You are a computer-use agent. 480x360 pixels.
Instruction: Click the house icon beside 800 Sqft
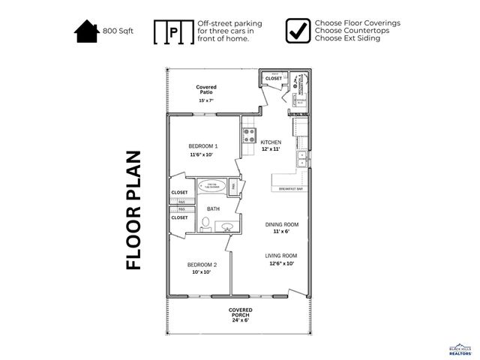point(86,31)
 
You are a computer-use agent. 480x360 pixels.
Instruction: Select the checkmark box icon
point(298,31)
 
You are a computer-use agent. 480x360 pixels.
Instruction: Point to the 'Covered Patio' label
point(206,91)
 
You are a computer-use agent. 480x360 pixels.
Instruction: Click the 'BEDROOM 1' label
point(202,145)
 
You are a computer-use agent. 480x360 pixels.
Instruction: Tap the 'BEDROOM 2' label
point(202,265)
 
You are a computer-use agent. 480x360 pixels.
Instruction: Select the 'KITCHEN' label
point(271,142)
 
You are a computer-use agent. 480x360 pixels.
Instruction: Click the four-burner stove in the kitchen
point(249,136)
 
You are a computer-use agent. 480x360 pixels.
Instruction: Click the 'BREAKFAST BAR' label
point(290,189)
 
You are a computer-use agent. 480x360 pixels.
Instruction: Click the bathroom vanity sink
point(225,226)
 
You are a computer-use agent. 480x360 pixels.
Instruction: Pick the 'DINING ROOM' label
point(281,224)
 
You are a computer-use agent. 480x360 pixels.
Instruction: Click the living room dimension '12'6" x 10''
point(280,263)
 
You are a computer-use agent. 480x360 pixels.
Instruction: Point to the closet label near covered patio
point(274,78)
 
